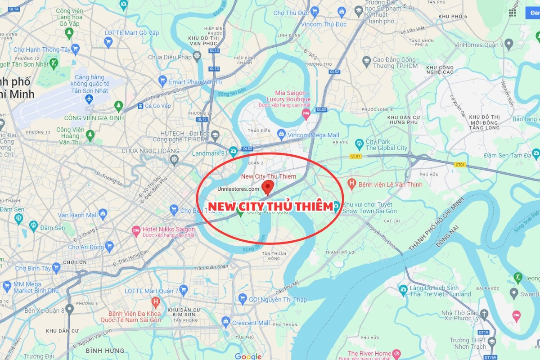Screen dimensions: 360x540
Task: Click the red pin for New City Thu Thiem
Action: [268, 186]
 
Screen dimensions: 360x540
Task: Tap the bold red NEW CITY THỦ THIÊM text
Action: [270, 207]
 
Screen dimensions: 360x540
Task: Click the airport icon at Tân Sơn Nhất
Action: [89, 98]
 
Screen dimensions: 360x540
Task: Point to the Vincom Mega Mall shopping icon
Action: [281, 134]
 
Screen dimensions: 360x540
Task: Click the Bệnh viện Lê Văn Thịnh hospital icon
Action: [352, 184]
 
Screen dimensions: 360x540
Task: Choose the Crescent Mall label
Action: [251, 323]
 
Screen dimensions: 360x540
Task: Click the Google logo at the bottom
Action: [248, 356]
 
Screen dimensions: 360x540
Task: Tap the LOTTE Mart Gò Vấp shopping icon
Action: [108, 42]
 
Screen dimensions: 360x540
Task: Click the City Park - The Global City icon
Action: [359, 144]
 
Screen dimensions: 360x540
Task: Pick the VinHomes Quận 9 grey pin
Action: [509, 44]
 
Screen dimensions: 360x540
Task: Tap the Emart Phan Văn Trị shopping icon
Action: [162, 81]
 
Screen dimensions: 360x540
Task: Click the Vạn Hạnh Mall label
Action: [77, 215]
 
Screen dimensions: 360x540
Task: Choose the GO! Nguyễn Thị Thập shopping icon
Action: [242, 299]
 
